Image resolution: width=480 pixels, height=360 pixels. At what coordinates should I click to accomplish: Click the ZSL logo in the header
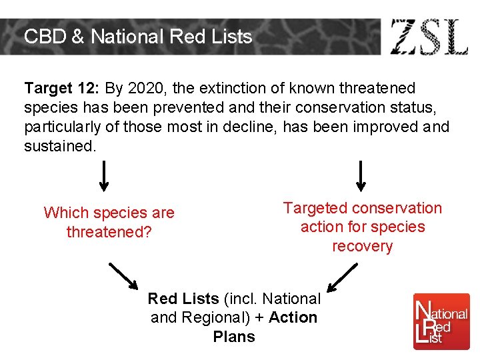point(429,37)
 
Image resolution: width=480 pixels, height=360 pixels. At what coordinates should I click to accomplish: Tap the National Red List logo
point(441,321)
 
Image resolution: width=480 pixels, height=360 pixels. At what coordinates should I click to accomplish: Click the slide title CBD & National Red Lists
point(138,36)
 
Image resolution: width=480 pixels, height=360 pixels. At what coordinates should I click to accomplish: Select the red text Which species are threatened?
point(109,222)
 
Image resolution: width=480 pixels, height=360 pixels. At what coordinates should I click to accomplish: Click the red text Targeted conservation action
point(363,217)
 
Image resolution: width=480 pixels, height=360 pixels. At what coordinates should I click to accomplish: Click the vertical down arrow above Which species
point(105,176)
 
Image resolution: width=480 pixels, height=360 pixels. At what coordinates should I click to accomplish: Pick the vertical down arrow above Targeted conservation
point(361,176)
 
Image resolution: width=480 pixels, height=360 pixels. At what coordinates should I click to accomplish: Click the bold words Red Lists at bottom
point(183,299)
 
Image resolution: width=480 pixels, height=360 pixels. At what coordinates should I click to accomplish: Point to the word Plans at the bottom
point(234,337)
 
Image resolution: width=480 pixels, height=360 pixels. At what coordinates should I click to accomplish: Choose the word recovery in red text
point(363,246)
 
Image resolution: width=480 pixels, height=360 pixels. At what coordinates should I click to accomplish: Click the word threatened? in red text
point(109,232)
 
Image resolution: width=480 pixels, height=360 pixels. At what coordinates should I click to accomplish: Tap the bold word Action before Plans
point(293,317)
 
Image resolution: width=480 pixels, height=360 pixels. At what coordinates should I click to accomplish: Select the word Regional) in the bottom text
point(212,317)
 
